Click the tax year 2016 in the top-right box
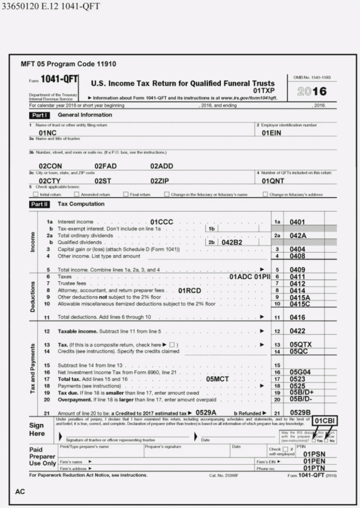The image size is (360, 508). click(x=312, y=91)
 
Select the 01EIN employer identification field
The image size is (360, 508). click(x=272, y=133)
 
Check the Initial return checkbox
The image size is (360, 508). click(x=36, y=194)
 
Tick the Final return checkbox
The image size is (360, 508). click(x=126, y=194)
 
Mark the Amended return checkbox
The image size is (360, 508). click(x=77, y=194)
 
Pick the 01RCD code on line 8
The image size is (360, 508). click(x=189, y=290)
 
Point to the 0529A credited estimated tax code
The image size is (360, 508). click(x=206, y=413)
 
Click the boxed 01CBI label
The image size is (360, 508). click(x=325, y=421)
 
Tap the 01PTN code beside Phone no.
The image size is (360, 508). click(x=314, y=468)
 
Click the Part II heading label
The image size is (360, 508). click(x=39, y=204)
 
